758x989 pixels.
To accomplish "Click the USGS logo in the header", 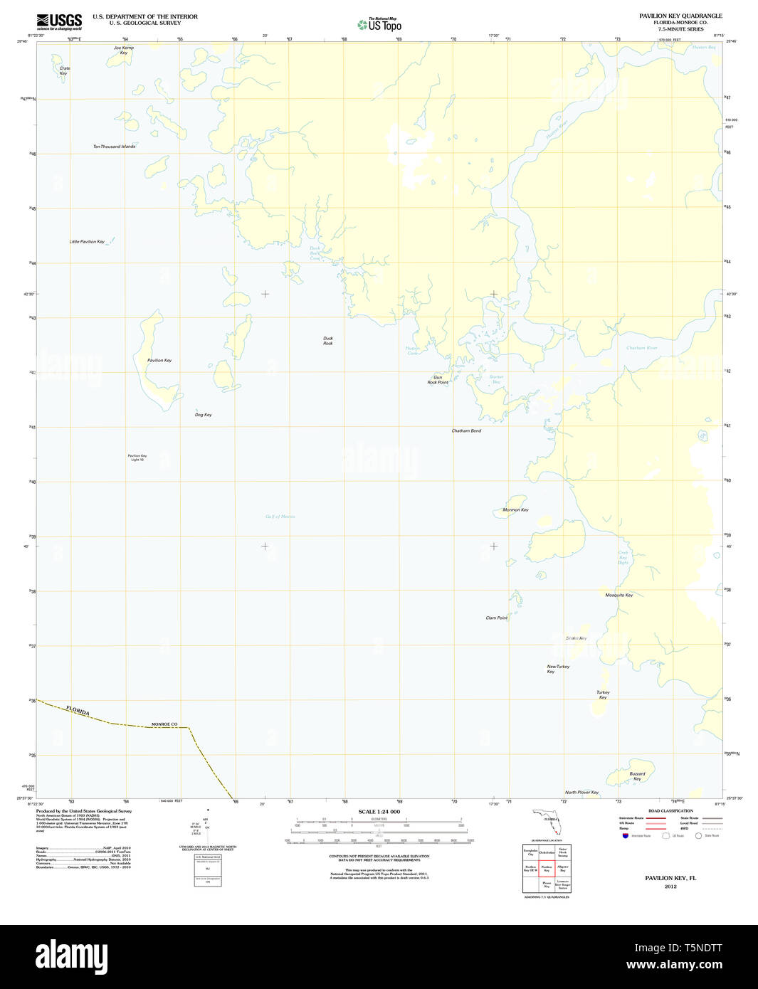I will pos(59,21).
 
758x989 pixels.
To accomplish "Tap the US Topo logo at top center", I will pos(379,24).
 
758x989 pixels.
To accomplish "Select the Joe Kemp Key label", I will pos(124,51).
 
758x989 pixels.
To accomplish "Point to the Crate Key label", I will pos(64,71).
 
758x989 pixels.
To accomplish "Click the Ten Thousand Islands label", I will pos(114,147).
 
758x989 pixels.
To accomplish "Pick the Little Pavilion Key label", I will pos(87,242).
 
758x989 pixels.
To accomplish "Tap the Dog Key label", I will pos(203,415).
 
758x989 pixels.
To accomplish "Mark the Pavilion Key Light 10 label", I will pos(137,458).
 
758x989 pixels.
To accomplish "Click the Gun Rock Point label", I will pos(438,380).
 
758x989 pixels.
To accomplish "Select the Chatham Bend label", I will pos(466,431).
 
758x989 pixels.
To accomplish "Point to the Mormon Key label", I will pos(515,510).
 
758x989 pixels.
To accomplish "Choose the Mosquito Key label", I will pos(618,595).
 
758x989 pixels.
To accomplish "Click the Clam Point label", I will pos(497,618).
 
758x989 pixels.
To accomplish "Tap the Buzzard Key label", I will pos(637,776).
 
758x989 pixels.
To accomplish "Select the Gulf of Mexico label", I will pos(280,517).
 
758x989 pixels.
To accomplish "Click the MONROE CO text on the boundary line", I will pos(164,724).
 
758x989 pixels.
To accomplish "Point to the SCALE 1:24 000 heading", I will pos(379,812).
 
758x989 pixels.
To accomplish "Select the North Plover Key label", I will pos(581,793).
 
